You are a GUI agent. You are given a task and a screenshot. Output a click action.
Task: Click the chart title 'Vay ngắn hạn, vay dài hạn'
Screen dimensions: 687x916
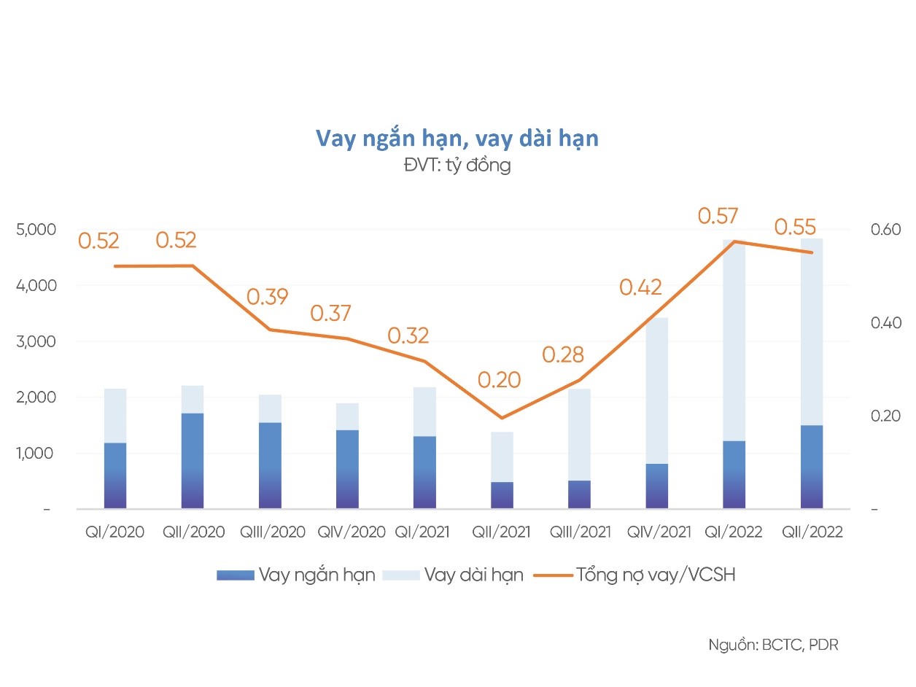tap(457, 138)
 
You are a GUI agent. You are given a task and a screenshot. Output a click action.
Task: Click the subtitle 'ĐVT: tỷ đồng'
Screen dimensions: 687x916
tap(457, 166)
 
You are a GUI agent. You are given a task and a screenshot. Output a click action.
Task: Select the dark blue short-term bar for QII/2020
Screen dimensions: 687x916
tap(193, 460)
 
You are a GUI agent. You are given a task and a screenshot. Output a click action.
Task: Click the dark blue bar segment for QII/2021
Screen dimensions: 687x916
tap(501, 495)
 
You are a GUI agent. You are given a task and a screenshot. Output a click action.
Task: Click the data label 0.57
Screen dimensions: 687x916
tap(718, 216)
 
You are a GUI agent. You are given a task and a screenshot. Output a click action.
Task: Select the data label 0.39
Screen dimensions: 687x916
tap(267, 297)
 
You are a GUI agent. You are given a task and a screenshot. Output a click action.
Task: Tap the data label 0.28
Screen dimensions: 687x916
tap(562, 354)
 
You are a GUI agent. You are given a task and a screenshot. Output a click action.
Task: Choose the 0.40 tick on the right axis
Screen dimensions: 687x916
tap(885, 322)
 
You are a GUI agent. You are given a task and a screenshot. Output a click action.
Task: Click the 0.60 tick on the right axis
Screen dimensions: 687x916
tap(885, 230)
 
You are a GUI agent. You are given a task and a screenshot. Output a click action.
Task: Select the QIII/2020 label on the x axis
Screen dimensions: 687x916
tap(273, 532)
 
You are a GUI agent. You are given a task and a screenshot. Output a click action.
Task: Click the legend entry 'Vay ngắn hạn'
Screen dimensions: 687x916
tap(316, 575)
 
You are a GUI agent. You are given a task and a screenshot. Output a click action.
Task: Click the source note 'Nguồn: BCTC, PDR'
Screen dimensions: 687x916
tap(773, 645)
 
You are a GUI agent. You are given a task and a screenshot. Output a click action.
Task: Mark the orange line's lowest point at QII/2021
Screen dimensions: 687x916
tap(501, 418)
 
